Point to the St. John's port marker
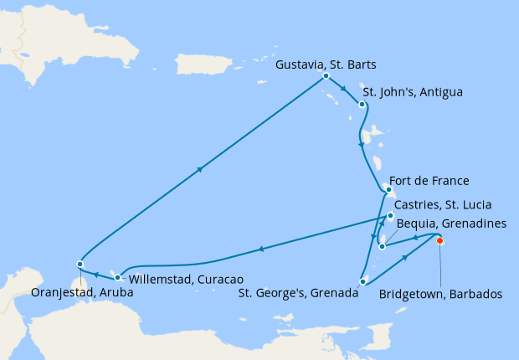[x=362, y=105]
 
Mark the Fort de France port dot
[x=388, y=190]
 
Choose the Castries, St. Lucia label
[x=443, y=204]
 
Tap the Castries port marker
[x=390, y=216]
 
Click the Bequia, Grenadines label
[x=450, y=224]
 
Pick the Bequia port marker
[x=383, y=246]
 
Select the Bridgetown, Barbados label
[x=440, y=295]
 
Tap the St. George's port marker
[x=362, y=281]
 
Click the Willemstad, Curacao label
[x=179, y=278]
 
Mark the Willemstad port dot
[x=117, y=277]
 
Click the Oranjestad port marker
[x=80, y=265]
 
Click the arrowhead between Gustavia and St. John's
[x=342, y=89]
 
